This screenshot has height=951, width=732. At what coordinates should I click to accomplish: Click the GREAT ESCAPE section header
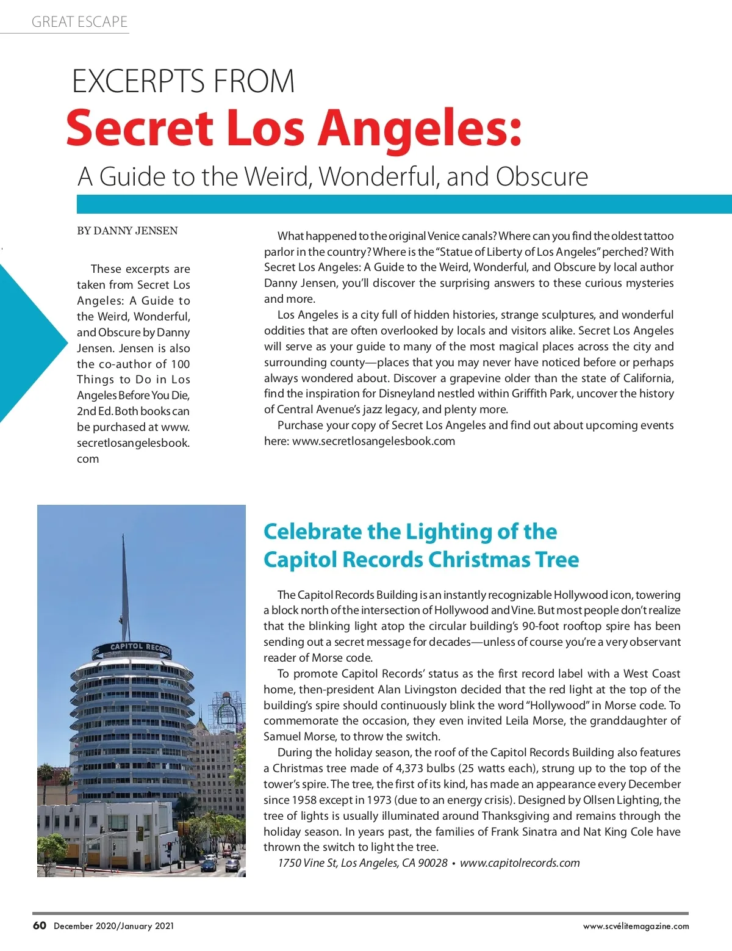pyautogui.click(x=79, y=22)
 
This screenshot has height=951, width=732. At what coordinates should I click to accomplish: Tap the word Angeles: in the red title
pyautogui.click(x=421, y=129)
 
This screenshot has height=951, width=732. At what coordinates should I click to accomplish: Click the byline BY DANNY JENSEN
pyautogui.click(x=127, y=231)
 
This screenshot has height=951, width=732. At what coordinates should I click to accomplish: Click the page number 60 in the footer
pyautogui.click(x=40, y=925)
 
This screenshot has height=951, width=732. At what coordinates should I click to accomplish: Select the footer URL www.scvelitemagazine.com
pyautogui.click(x=636, y=926)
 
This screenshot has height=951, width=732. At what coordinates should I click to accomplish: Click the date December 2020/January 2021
pyautogui.click(x=114, y=926)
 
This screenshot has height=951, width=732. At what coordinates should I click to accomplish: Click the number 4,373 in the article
pyautogui.click(x=412, y=768)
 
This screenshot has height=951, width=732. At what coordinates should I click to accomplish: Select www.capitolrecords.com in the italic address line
pyautogui.click(x=520, y=863)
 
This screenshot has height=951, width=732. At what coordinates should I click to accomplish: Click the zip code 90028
pyautogui.click(x=432, y=863)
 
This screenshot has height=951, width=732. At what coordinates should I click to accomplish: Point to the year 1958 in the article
pyautogui.click(x=304, y=800)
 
